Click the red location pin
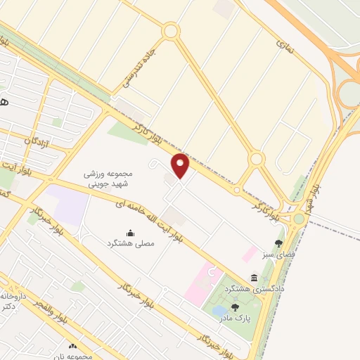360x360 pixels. [x=181, y=166]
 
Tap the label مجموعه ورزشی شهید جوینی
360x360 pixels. [x=109, y=179]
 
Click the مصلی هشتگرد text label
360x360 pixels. [x=129, y=243]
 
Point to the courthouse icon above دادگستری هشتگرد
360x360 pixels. [x=254, y=278]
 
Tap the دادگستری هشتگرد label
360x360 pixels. [x=254, y=289]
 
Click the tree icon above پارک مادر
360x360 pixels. [x=235, y=307]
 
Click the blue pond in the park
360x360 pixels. [x=219, y=310]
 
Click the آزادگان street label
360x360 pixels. [x=38, y=141]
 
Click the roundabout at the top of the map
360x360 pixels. [x=170, y=32]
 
